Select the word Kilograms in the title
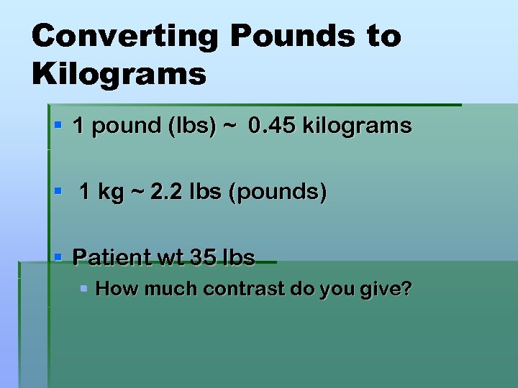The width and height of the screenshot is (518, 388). (x=119, y=73)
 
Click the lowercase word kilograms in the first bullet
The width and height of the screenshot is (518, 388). (x=357, y=126)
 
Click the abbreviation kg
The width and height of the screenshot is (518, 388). (x=110, y=193)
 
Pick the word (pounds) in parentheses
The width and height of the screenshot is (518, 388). (x=277, y=193)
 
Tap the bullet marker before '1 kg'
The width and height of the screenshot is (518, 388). (x=59, y=192)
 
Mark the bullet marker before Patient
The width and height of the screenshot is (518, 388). (x=59, y=257)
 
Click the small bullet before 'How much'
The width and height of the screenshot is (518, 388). (x=84, y=289)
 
